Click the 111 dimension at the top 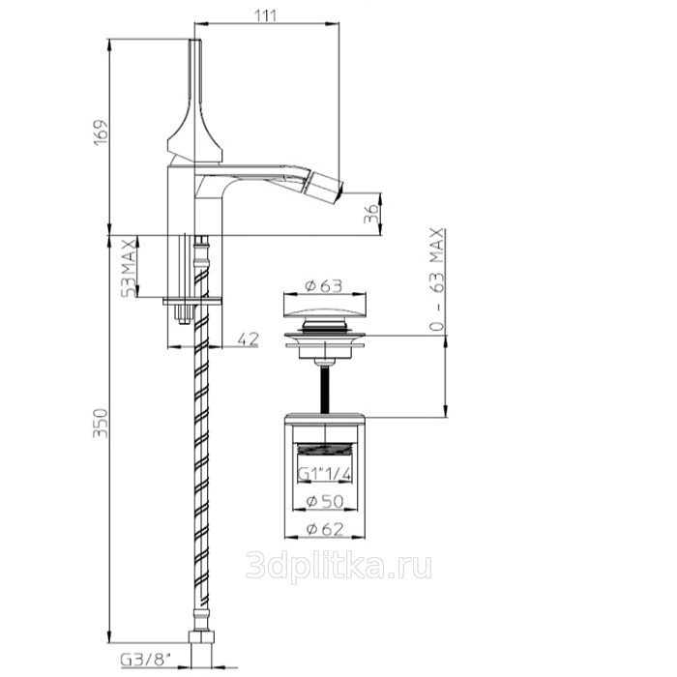pos(265,15)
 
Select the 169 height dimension pos(101,132)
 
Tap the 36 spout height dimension pos(370,214)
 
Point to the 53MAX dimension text pos(129,267)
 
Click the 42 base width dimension pos(248,338)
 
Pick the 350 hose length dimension pos(101,424)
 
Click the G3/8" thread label pos(145,661)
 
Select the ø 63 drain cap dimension pos(323,286)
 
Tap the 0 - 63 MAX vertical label pos(437,280)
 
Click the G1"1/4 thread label pos(325,474)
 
